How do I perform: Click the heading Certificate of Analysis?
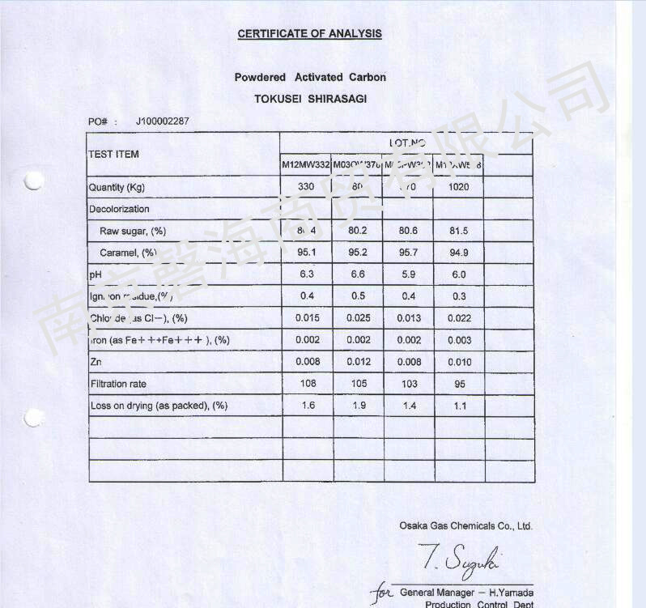pos(309,34)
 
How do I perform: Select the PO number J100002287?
pos(163,121)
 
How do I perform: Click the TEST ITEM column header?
pos(113,154)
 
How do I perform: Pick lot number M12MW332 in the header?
pos(305,165)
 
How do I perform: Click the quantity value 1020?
pos(458,187)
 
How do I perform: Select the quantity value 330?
pos(306,187)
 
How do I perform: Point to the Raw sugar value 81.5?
pos(459,231)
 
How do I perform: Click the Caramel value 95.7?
pos(409,253)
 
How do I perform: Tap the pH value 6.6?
pos(358,274)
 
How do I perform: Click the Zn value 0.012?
pos(358,362)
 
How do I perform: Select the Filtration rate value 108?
pos(307,384)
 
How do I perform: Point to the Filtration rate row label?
pos(118,384)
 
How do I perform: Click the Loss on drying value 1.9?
pos(358,406)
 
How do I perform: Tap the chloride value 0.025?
pos(358,318)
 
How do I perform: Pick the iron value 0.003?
pos(459,340)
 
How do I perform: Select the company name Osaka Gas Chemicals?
pos(465,526)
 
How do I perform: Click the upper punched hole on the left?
pos(33,181)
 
